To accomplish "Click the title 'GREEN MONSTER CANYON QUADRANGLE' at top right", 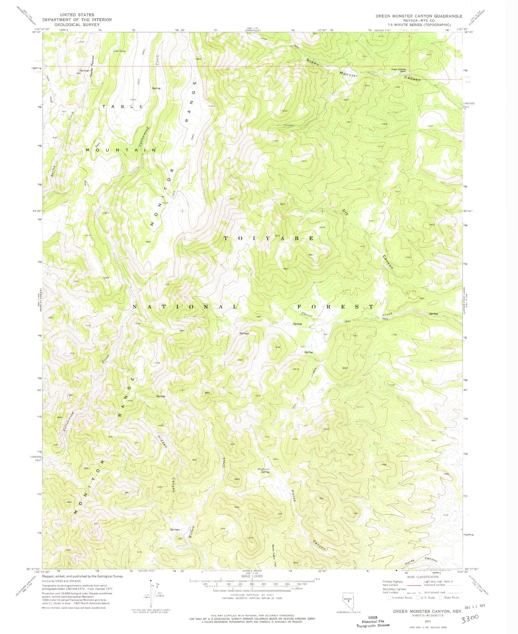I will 419,16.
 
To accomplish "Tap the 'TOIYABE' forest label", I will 269,238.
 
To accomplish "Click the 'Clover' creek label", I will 308,315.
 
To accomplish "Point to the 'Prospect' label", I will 289,125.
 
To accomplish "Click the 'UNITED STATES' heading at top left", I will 77,15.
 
